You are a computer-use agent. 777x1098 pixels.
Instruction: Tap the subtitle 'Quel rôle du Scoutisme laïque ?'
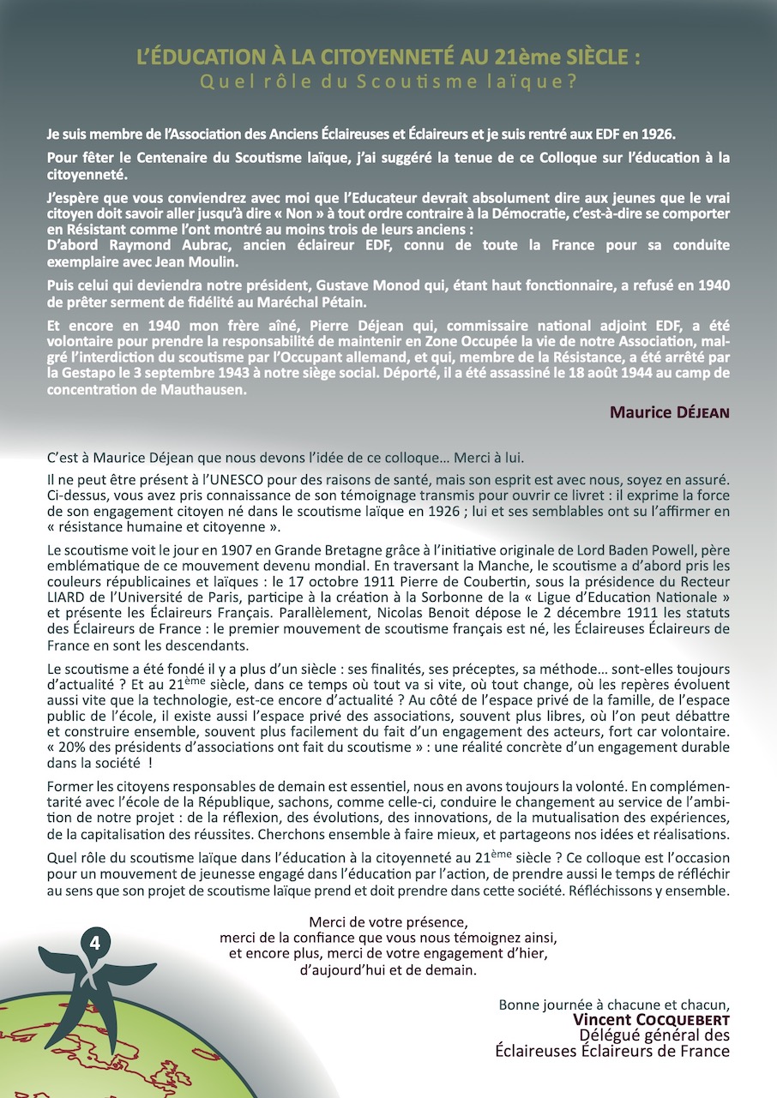click(388, 82)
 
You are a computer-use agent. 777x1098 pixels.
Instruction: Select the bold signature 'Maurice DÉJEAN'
click(669, 412)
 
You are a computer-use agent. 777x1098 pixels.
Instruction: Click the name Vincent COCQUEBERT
click(652, 1020)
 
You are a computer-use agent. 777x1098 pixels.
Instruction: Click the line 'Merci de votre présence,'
click(388, 922)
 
